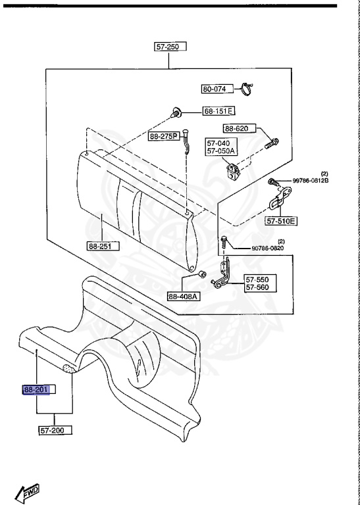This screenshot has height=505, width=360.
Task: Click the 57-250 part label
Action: click(x=170, y=47)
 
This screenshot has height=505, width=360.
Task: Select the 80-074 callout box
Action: click(x=218, y=89)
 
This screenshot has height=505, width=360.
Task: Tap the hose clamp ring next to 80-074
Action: click(x=247, y=89)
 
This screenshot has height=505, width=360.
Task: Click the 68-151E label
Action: click(x=219, y=111)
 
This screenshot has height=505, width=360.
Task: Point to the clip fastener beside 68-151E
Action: click(x=175, y=112)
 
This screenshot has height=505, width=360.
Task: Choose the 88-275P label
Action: click(x=164, y=136)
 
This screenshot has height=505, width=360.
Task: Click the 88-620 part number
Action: click(x=240, y=128)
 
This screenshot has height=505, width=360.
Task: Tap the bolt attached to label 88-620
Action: click(x=272, y=143)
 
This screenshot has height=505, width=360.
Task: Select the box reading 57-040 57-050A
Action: click(x=222, y=147)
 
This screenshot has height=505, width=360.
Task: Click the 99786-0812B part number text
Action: click(x=311, y=181)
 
